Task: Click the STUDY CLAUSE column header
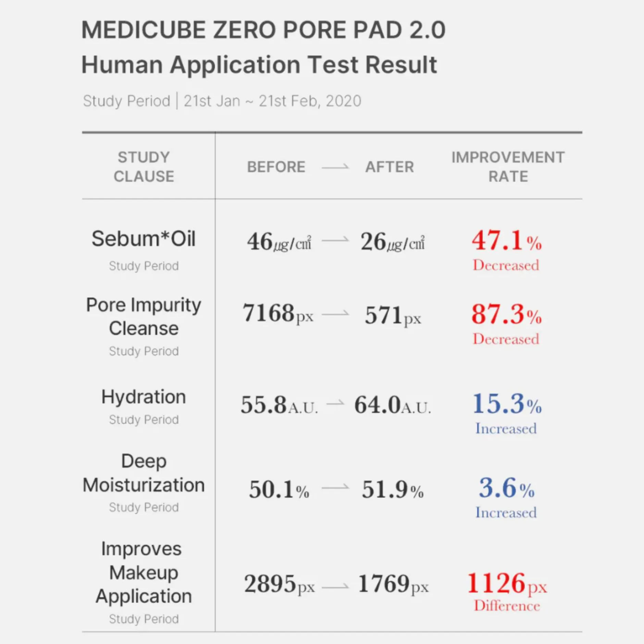point(144,167)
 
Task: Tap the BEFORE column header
point(276,167)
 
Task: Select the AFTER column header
point(389,167)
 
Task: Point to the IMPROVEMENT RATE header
point(508,167)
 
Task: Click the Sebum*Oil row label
point(144,239)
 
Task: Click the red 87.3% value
point(506,314)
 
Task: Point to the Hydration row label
point(144,397)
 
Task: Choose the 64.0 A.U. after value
point(393,405)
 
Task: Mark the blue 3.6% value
point(506,488)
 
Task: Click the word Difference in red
point(507,606)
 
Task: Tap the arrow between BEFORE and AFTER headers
point(335,167)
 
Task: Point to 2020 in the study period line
point(344,101)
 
